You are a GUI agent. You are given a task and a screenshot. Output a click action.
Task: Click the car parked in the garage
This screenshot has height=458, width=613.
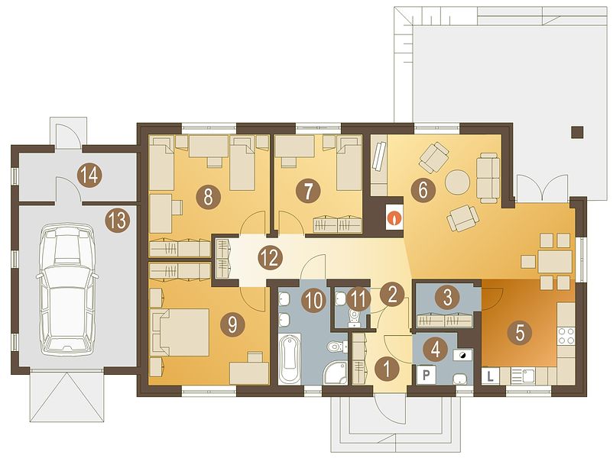point(66,286)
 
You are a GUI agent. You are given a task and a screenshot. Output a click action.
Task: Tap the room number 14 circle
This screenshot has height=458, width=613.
point(90,176)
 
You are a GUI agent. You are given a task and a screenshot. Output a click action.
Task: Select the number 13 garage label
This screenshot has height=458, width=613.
point(118,220)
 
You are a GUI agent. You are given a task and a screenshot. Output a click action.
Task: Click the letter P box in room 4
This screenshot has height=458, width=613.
point(427,375)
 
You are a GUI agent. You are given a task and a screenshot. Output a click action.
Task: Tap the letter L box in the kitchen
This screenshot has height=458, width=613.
point(490,376)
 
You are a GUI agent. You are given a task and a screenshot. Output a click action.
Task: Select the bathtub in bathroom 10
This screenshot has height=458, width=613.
point(290,359)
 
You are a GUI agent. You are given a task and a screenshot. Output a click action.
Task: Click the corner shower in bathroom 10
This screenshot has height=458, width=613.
point(335,373)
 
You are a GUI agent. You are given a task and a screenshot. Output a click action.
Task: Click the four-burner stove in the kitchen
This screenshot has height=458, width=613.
point(566,337)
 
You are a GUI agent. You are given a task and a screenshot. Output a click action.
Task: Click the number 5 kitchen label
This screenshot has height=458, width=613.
point(519,332)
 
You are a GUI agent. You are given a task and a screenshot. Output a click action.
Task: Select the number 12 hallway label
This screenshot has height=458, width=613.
point(270,258)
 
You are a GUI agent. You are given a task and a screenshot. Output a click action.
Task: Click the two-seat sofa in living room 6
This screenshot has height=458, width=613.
point(488,178)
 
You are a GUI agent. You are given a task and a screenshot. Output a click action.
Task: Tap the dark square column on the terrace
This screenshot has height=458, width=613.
point(577,132)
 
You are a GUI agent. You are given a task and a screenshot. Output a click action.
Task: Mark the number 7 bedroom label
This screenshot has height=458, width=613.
point(308,192)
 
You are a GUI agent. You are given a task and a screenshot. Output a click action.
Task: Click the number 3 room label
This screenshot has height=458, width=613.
point(447,298)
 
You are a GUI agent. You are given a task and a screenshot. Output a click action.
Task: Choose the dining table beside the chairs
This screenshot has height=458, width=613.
point(554,262)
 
